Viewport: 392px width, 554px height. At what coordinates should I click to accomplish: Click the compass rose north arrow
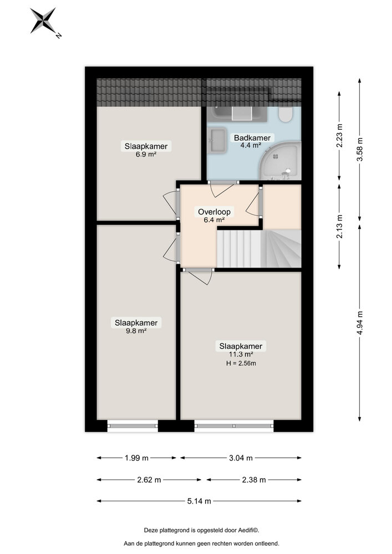tap(43, 21)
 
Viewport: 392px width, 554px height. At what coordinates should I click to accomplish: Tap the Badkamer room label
tap(252, 138)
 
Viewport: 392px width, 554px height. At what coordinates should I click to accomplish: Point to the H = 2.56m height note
tap(242, 363)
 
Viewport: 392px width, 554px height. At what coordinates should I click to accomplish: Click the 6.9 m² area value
tap(146, 155)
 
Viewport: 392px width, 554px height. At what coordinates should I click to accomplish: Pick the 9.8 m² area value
tap(136, 331)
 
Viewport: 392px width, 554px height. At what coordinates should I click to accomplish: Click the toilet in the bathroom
tap(286, 115)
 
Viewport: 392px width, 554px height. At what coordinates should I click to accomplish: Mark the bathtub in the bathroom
tap(241, 114)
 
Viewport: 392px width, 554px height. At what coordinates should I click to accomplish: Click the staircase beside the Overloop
tap(258, 249)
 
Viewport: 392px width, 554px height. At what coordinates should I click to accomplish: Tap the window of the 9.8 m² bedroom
tap(133, 425)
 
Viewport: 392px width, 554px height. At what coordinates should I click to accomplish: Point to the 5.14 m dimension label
tap(200, 501)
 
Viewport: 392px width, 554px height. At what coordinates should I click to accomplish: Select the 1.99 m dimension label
tap(137, 458)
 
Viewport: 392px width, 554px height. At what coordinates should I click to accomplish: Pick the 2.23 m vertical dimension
tap(340, 136)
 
